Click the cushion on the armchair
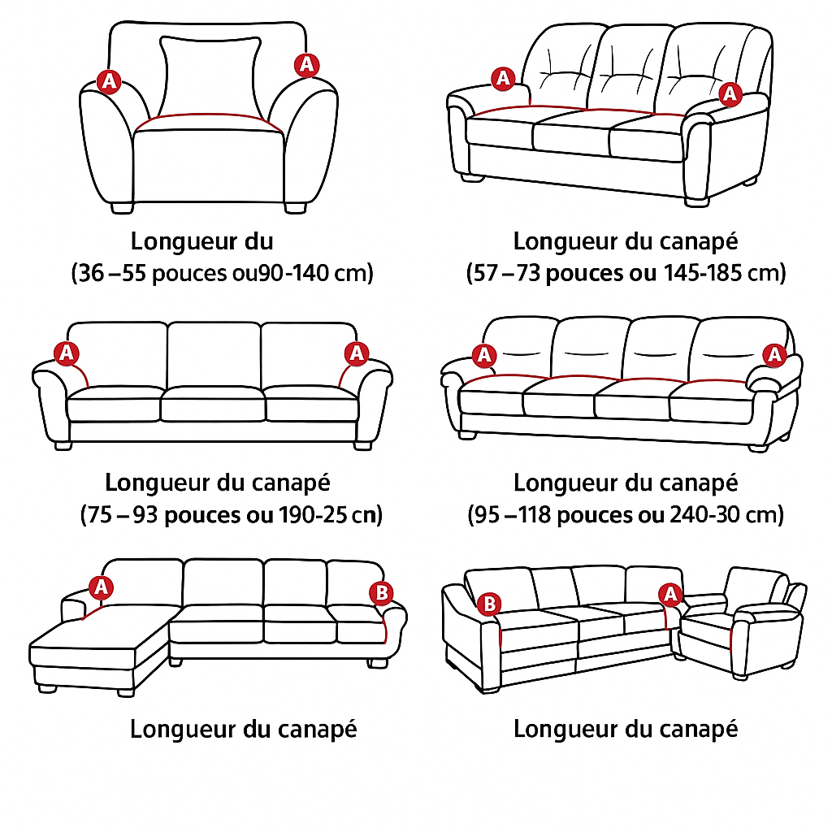pyautogui.click(x=210, y=77)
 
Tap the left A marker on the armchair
pyautogui.click(x=110, y=82)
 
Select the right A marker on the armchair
pyautogui.click(x=306, y=65)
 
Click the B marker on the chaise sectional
pyautogui.click(x=381, y=592)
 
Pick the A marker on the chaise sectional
pyautogui.click(x=101, y=588)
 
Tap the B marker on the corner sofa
pyautogui.click(x=489, y=604)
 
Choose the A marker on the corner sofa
pyautogui.click(x=670, y=594)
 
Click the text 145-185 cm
pyautogui.click(x=724, y=273)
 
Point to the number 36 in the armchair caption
pyautogui.click(x=91, y=273)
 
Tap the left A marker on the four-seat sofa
pyautogui.click(x=484, y=356)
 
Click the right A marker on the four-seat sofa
pyautogui.click(x=774, y=354)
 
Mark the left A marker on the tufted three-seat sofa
pyautogui.click(x=503, y=79)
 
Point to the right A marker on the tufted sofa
pyautogui.click(x=730, y=94)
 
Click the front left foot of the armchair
pyautogui.click(x=122, y=207)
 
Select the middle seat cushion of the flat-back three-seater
pyautogui.click(x=212, y=405)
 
